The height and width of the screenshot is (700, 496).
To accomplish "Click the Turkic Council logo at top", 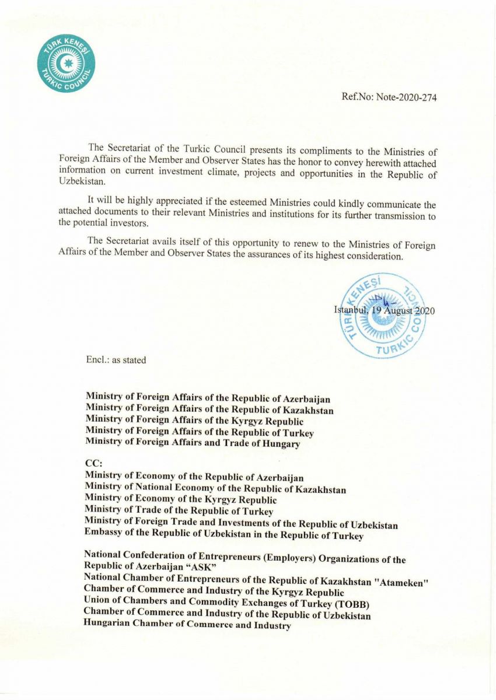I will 66,63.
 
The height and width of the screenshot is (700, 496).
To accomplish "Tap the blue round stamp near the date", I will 383,315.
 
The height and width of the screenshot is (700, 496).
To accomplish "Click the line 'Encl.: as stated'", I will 116,360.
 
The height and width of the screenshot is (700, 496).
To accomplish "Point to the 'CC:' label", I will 93,464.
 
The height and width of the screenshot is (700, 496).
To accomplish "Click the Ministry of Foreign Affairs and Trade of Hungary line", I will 193,443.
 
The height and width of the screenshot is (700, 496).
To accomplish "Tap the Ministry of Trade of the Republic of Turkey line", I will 179,511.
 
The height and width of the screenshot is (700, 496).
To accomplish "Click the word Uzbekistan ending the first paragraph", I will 81,183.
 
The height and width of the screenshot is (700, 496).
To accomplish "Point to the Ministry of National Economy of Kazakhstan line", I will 215,489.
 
